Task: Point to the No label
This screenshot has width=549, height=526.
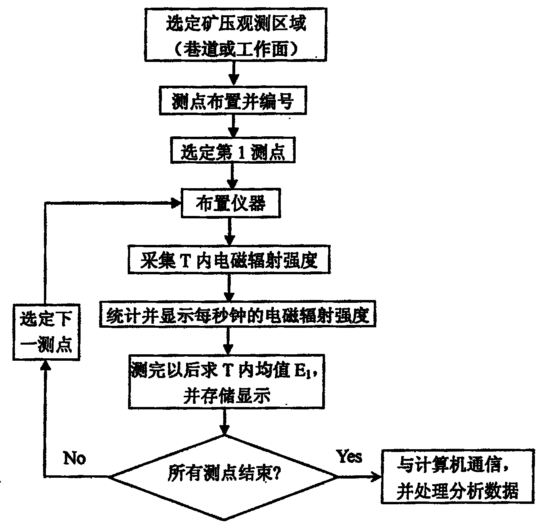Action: tap(75, 458)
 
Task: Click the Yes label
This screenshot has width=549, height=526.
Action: tap(349, 456)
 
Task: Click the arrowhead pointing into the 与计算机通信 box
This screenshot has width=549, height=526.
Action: tap(376, 477)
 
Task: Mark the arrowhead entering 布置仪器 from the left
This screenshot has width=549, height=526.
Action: tap(176, 203)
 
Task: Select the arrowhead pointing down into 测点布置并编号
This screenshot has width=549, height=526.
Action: tap(234, 80)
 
